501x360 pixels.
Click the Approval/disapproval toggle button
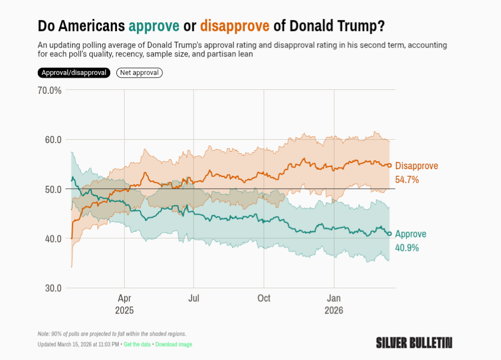pos(74,73)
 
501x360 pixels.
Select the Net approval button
pos(139,73)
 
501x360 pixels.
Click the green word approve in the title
pos(154,26)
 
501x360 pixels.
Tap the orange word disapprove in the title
pos(234,26)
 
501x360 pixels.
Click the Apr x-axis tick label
pos(124,298)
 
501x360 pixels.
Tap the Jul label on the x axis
pos(194,298)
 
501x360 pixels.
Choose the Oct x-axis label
pos(264,298)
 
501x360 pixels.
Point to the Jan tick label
pos(334,298)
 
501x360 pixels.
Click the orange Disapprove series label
pos(416,166)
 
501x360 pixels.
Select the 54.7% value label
pos(407,180)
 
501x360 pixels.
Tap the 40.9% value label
pos(407,247)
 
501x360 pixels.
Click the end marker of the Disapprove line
pos(390,165)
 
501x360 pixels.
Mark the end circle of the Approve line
pos(390,234)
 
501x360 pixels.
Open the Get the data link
pos(137,344)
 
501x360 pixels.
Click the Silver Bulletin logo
pos(414,342)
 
